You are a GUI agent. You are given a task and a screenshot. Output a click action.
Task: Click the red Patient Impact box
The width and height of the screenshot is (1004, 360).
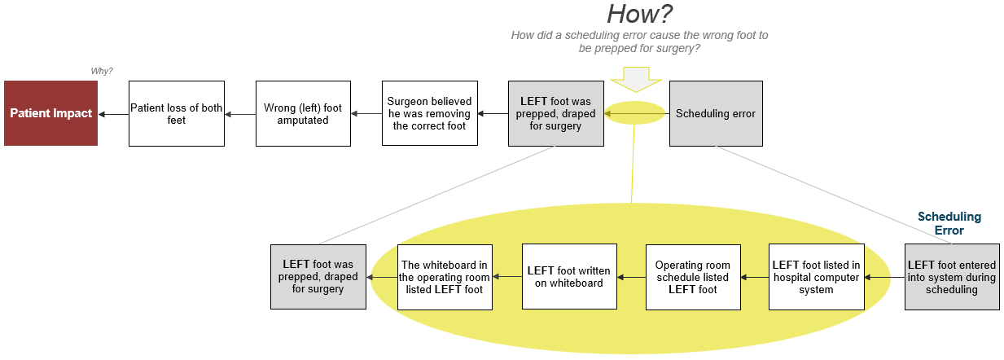tap(50, 113)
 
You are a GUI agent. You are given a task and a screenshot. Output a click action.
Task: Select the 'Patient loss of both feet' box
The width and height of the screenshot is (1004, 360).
tap(176, 113)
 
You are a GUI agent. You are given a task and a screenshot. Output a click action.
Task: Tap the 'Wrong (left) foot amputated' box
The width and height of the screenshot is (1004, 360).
tap(303, 113)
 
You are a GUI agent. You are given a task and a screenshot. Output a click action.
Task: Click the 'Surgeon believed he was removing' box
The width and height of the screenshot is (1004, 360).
tap(430, 113)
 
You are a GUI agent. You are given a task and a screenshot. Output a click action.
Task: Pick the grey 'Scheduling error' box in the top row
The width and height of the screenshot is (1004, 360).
tap(716, 113)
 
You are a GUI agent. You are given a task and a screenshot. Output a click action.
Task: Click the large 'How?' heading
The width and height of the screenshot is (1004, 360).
tap(639, 14)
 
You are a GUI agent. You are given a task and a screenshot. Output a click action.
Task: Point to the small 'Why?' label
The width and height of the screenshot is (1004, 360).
tap(102, 72)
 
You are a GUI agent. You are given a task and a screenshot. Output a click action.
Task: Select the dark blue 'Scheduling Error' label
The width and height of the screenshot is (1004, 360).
tap(949, 224)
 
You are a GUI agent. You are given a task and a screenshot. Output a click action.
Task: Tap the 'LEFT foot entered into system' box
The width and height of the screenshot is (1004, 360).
tap(952, 277)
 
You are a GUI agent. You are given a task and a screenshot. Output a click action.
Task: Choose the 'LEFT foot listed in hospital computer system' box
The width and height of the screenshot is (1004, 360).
tap(816, 277)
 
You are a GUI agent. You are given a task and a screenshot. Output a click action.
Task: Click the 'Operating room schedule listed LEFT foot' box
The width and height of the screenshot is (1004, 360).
tap(693, 277)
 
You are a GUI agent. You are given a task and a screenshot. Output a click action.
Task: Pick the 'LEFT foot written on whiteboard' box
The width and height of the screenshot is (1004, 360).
tap(569, 277)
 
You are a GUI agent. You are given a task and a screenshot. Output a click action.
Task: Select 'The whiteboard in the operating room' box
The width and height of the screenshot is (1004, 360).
tap(445, 277)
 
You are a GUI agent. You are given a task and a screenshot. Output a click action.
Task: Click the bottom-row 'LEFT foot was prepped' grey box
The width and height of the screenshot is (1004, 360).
tap(318, 277)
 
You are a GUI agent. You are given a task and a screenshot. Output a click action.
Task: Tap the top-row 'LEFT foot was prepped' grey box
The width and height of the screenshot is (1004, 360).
tap(555, 113)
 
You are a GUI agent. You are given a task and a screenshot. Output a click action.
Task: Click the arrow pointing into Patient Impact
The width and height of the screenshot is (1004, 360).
tap(113, 114)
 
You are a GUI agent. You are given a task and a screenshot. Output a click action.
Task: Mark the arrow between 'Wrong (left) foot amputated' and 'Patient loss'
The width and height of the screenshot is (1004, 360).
tap(240, 114)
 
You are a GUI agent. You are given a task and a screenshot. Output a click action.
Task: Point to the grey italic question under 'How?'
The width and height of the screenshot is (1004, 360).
tap(639, 42)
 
